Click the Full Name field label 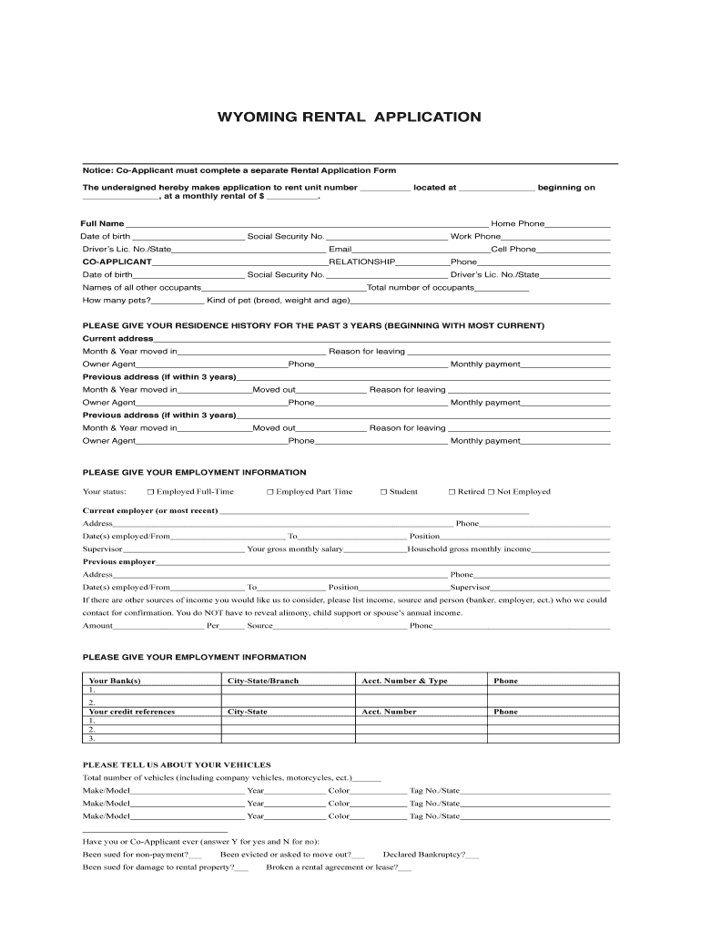point(103,223)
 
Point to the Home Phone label point(517,223)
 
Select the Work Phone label point(475,236)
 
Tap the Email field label point(340,249)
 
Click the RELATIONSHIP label point(361,261)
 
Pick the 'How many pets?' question point(117,300)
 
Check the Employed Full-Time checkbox point(151,492)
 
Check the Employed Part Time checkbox point(270,492)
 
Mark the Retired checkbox point(451,492)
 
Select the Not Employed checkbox point(491,492)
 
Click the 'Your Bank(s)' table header point(115,681)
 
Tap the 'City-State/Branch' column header point(262,681)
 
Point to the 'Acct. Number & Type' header point(404,681)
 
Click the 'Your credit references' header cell point(131,712)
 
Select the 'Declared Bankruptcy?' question point(423,855)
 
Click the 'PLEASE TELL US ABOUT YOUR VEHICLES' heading point(177,764)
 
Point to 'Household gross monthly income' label point(469,549)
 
